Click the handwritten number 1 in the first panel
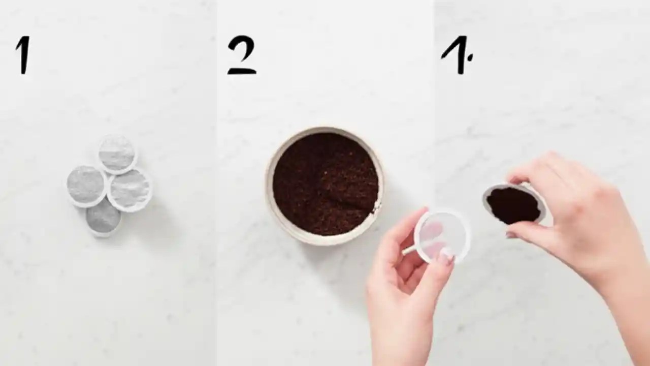pyautogui.click(x=23, y=55)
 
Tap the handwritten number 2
pyautogui.click(x=241, y=55)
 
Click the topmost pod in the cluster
pyautogui.click(x=117, y=154)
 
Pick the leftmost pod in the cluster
pyautogui.click(x=86, y=185)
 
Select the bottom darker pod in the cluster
pyautogui.click(x=103, y=218)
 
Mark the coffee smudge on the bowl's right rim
pyautogui.click(x=377, y=206)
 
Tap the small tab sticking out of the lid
pyautogui.click(x=409, y=250)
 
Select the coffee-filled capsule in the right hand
pyautogui.click(x=513, y=205)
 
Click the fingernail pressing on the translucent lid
pyautogui.click(x=445, y=257)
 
